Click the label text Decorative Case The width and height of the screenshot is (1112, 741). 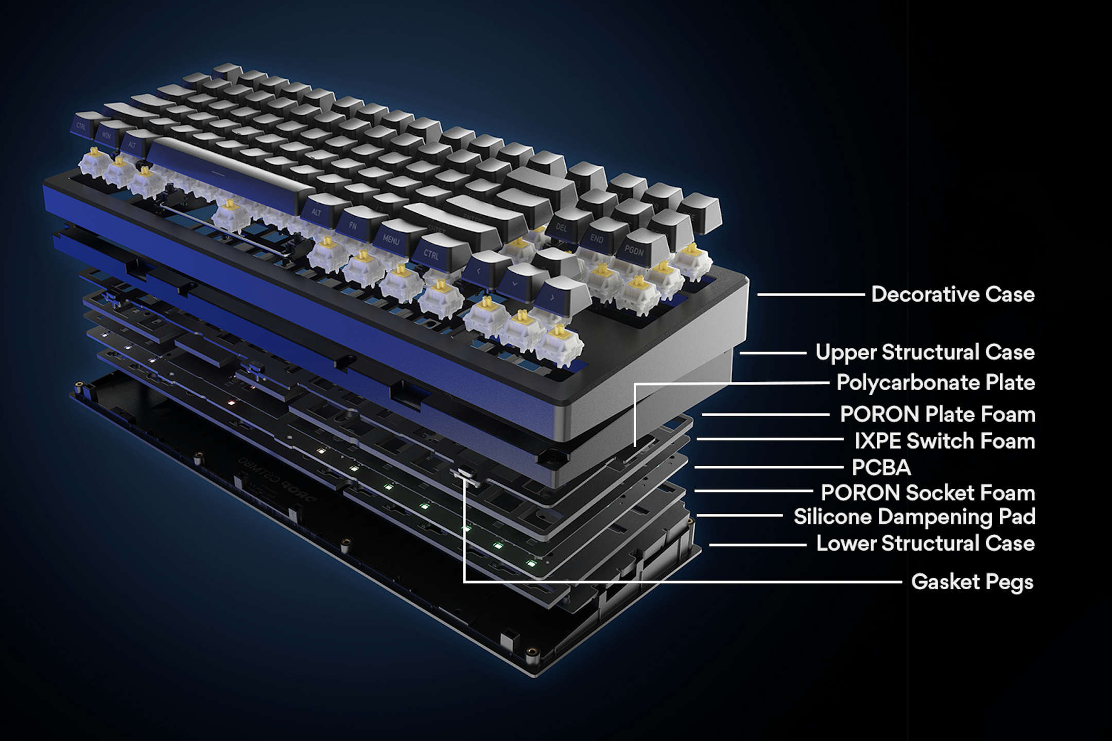[x=952, y=294]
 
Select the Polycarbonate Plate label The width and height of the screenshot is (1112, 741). [x=935, y=383]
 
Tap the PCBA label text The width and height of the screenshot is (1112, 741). [x=881, y=468]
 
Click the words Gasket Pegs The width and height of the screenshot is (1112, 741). [x=972, y=582]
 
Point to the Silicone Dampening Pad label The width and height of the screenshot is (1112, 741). [x=914, y=517]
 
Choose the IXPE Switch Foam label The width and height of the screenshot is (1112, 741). [x=945, y=441]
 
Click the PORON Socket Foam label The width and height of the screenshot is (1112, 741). [x=928, y=492]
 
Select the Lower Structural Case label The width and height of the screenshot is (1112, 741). [x=925, y=543]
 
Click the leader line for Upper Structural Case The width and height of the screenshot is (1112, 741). [x=772, y=353]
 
